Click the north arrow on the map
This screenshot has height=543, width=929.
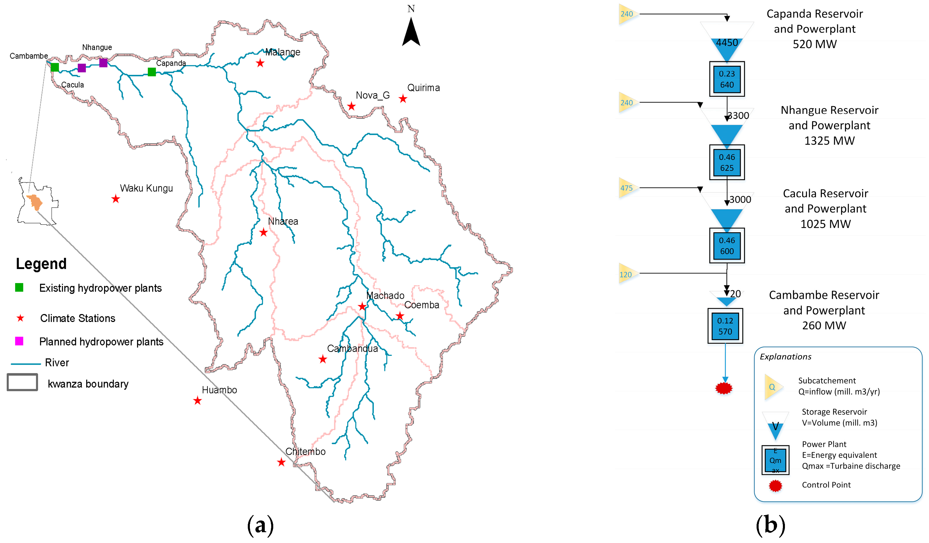click(x=411, y=32)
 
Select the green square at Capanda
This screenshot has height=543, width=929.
click(x=151, y=72)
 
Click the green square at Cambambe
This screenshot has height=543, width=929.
click(x=55, y=67)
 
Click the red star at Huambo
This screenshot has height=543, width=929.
click(x=198, y=401)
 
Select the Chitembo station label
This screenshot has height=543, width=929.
click(x=305, y=451)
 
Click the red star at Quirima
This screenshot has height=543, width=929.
click(x=403, y=99)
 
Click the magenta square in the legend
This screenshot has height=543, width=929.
click(x=19, y=341)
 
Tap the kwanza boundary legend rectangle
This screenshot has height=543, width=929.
click(x=23, y=382)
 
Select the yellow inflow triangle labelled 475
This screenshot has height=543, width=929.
click(x=627, y=188)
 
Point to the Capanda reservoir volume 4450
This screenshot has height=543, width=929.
click(x=726, y=43)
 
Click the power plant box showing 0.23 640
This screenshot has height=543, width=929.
click(x=726, y=79)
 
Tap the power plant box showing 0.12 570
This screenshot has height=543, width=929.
click(x=725, y=326)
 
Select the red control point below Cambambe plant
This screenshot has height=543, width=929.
click(x=724, y=388)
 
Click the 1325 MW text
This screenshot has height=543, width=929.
click(x=829, y=141)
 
